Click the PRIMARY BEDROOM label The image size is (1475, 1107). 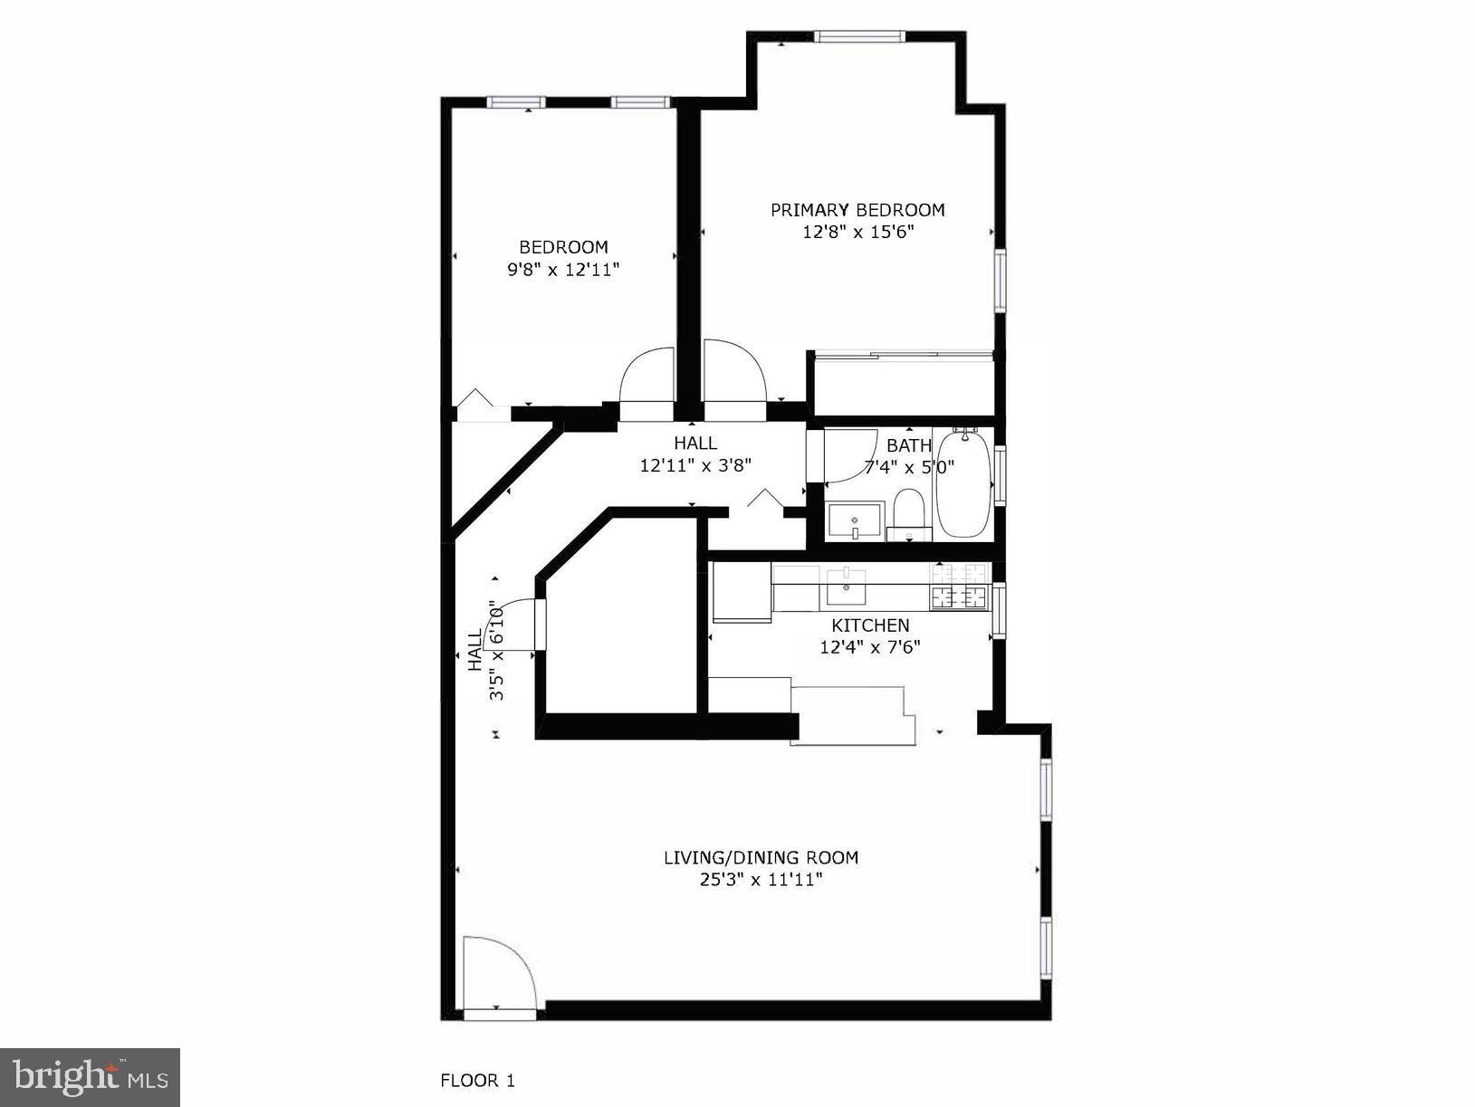click(x=857, y=210)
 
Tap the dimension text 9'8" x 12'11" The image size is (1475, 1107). click(x=563, y=269)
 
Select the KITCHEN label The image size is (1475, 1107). click(x=870, y=625)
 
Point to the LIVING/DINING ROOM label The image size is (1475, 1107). click(x=761, y=857)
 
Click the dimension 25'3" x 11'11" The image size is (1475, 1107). click(x=761, y=879)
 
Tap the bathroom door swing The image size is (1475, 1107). click(x=847, y=454)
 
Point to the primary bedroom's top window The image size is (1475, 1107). click(x=859, y=36)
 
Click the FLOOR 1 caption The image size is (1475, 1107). click(x=477, y=1080)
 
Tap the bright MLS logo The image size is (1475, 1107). click(x=91, y=1077)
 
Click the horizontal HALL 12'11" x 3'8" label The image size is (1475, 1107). click(x=695, y=453)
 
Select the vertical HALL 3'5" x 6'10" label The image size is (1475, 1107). click(x=485, y=652)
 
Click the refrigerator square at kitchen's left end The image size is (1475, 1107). click(x=741, y=593)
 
